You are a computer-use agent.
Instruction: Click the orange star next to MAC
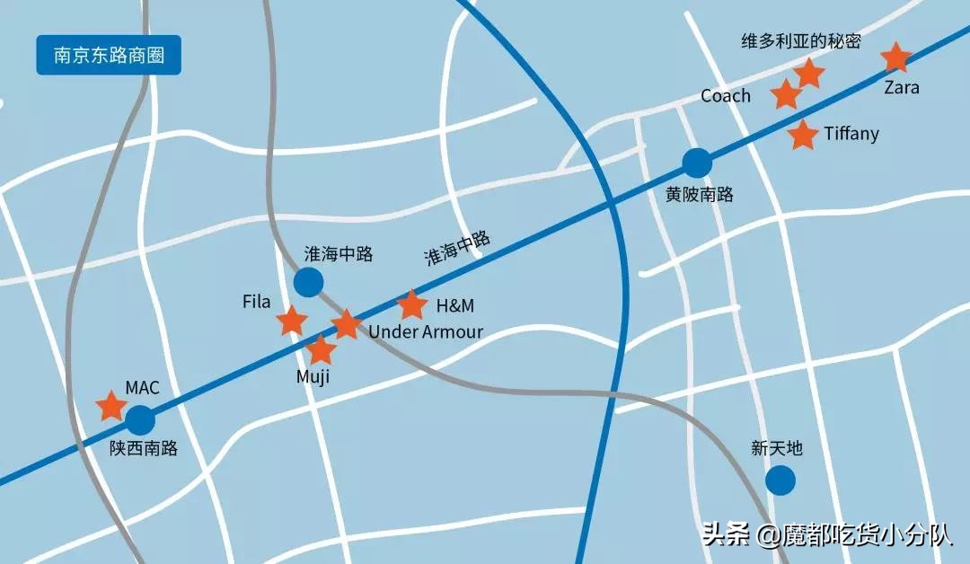pos(111,406)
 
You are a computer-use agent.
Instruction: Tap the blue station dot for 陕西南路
pos(140,420)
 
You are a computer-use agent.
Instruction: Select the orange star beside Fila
pos(292,320)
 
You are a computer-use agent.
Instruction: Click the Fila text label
pos(256,302)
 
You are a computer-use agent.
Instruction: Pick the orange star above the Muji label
pos(321,349)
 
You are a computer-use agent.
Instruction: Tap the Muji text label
pos(313,376)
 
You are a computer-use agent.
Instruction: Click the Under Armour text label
pos(426,331)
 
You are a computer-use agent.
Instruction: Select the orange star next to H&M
pos(411,305)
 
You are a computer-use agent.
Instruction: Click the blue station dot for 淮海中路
pos(308,282)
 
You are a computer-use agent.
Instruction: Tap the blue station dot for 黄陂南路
pos(696,163)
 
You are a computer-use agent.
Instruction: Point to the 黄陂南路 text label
pos(700,193)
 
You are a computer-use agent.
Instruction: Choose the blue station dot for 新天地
pos(780,480)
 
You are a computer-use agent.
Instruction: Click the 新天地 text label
pos(777,448)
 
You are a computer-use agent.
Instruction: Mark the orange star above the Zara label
pos(895,57)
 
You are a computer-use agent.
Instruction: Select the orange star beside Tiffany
pos(802,135)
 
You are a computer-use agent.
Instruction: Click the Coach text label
pos(725,95)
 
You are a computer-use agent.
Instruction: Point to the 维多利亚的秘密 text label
pos(801,41)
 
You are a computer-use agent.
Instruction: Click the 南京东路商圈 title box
pos(109,55)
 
